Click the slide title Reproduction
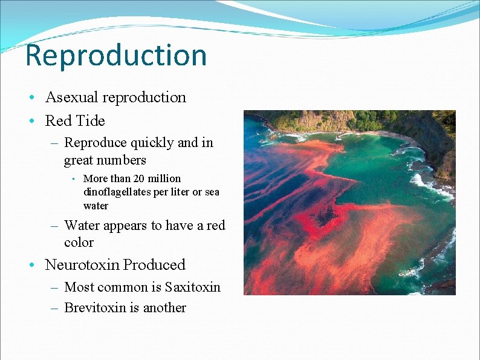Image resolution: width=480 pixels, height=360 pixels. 116,55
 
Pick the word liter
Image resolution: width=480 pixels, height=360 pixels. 178,192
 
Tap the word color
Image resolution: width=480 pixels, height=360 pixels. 79,243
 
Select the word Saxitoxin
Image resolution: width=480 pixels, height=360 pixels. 192,287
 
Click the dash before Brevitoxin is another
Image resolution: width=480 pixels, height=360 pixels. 54,308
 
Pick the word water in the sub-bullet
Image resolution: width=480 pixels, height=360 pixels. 96,206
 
